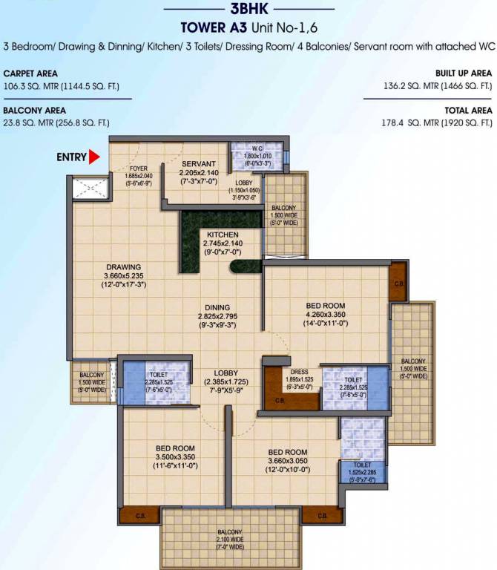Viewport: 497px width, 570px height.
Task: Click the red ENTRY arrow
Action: pos(94,157)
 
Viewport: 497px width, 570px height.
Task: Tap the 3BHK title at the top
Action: pos(249,10)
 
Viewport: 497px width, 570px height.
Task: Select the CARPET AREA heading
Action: pos(30,74)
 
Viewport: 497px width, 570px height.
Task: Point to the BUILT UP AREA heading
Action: pos(463,74)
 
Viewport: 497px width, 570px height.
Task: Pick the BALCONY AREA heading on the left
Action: pos(32,111)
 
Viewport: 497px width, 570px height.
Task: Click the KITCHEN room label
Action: pos(223,234)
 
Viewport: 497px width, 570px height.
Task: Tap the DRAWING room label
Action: pos(123,267)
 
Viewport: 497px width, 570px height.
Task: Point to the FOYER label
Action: pos(139,168)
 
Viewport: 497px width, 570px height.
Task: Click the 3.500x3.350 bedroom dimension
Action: pos(176,457)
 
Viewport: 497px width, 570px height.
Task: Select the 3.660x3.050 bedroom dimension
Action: pos(287,461)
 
